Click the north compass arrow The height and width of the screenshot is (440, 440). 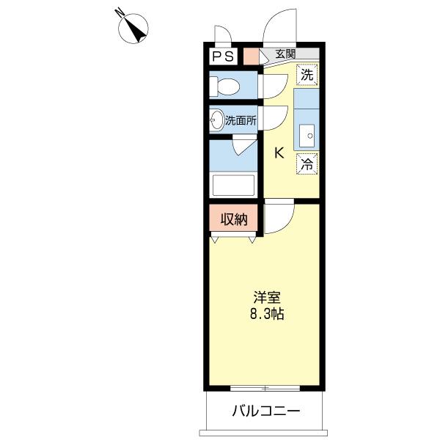[x=135, y=27]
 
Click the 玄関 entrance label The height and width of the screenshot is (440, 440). [x=286, y=54]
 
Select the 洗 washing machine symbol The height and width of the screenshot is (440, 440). [x=307, y=74]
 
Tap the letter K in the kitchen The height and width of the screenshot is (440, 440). [x=279, y=153]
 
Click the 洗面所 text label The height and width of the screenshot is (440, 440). [x=241, y=120]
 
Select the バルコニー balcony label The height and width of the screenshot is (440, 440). [x=265, y=411]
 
